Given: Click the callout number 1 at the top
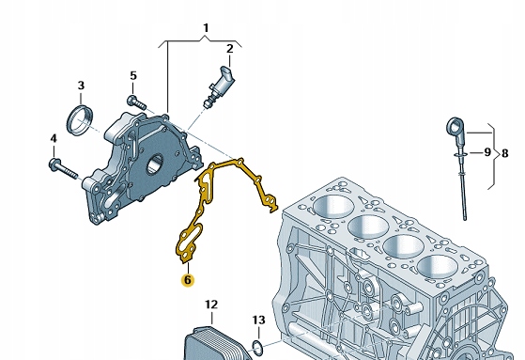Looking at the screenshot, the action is pos(206,28).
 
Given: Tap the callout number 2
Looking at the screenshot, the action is pos(229,49).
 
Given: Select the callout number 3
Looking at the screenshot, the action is pos(81,86).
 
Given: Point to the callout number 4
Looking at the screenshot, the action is pos(54,138).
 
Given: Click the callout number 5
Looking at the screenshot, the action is pos(133,76).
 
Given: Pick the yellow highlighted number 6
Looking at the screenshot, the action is pos(188,280).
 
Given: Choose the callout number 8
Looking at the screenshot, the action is pos(504,153).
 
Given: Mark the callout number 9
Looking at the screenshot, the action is pos(487,152).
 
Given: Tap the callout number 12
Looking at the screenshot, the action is pos(211,305).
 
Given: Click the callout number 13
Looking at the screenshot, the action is pos(259,321).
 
